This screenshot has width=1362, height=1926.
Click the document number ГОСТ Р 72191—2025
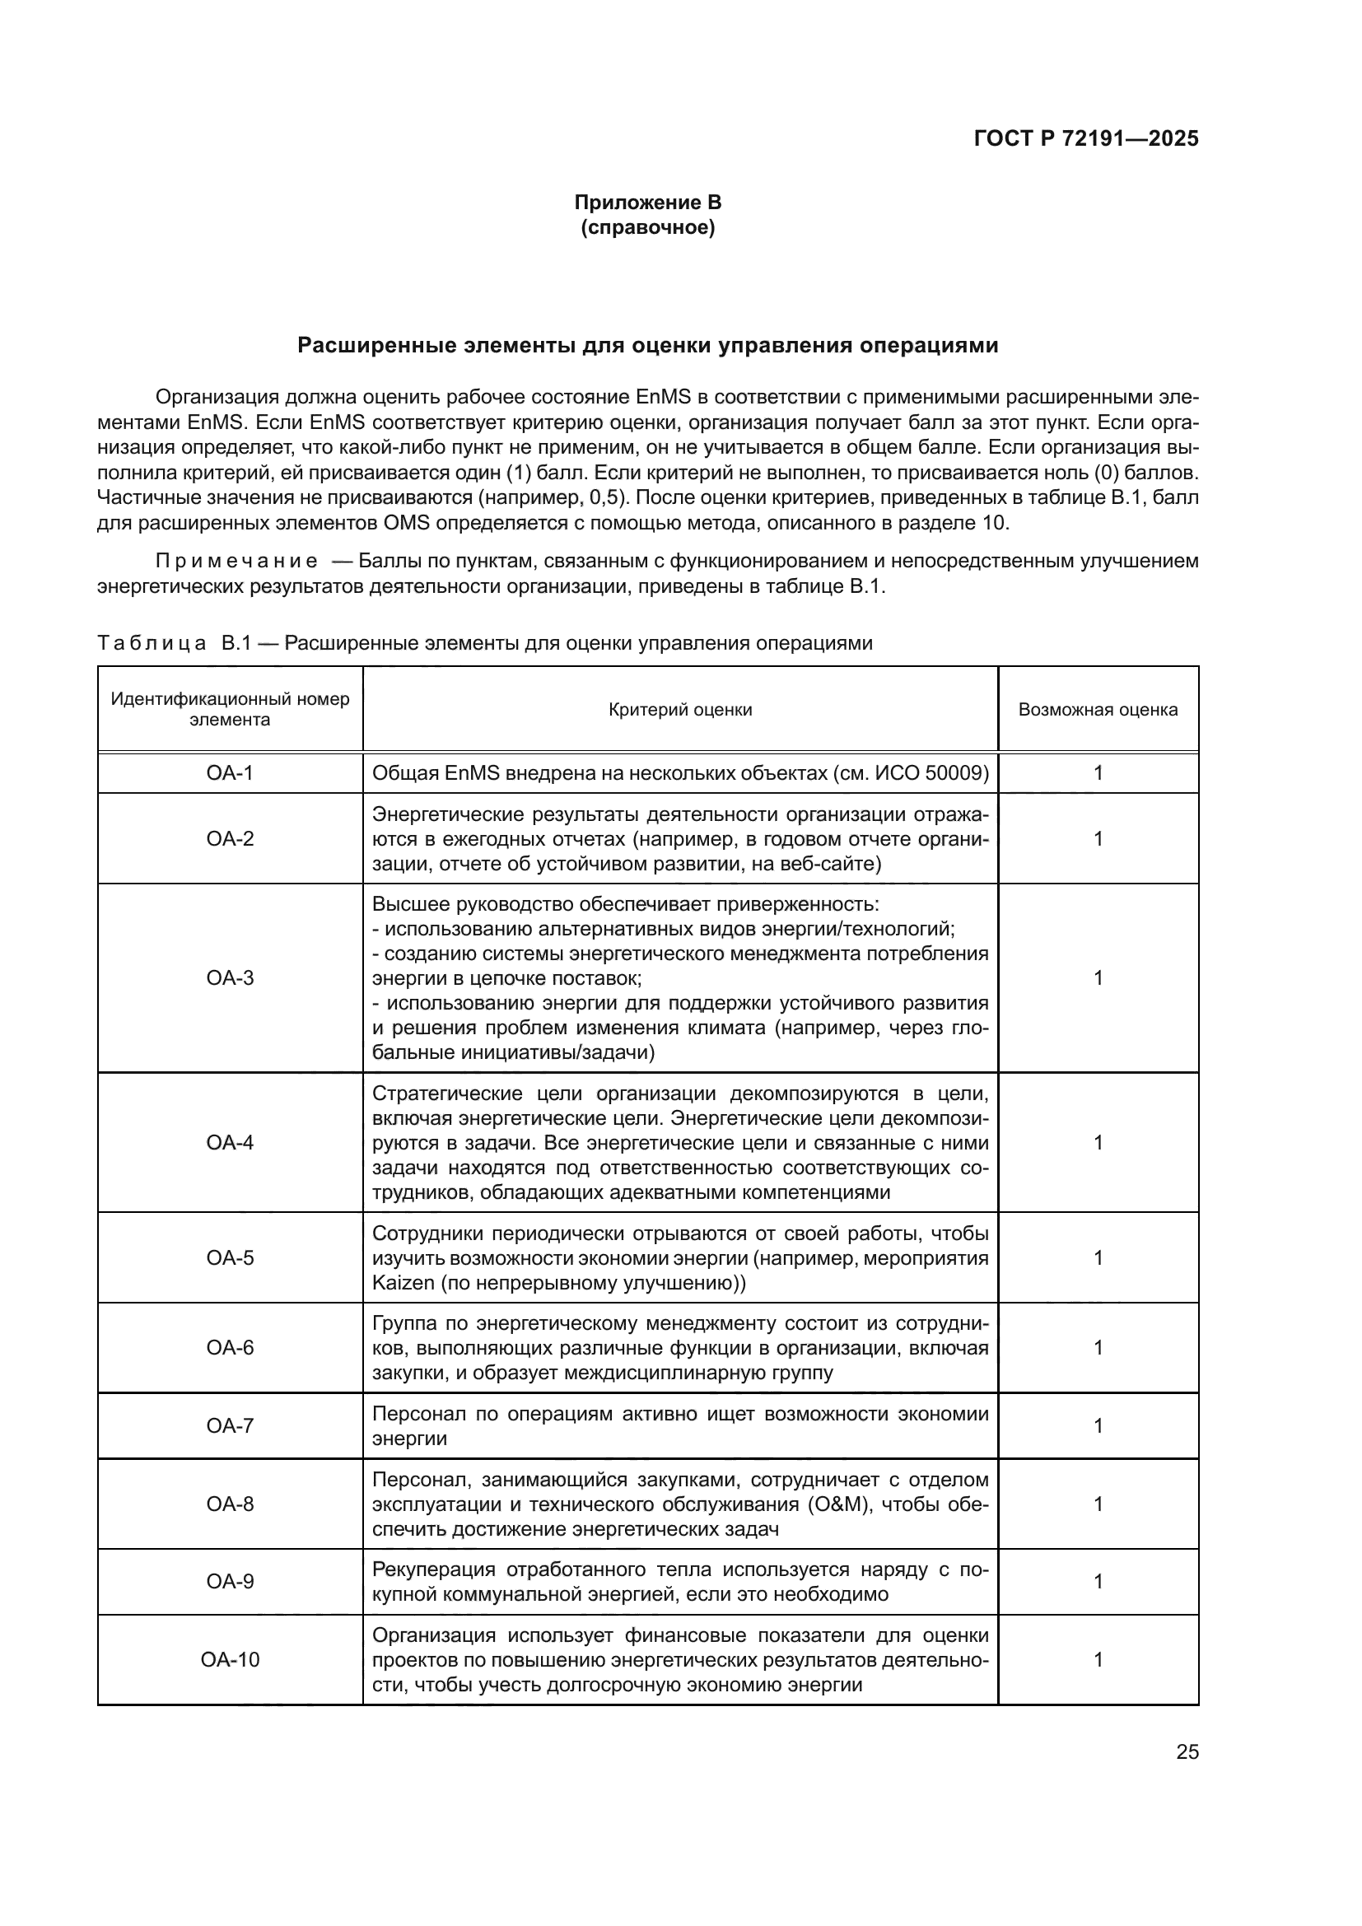coord(1086,139)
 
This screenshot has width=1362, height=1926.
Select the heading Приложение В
coord(647,203)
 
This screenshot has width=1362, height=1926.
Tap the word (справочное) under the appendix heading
coord(647,227)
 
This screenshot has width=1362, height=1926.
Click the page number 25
coord(1187,1751)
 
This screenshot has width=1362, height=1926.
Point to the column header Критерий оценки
coord(680,710)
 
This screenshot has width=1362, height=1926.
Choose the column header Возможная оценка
coord(1098,710)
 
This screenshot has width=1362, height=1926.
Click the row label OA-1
coord(230,772)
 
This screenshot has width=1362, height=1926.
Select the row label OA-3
coord(230,977)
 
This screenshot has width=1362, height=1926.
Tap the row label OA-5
coord(230,1257)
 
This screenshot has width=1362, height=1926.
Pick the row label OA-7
coord(230,1426)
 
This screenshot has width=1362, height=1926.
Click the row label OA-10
coord(230,1659)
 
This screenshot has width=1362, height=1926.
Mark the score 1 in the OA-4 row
coord(1098,1143)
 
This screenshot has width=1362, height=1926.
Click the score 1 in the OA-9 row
coord(1098,1581)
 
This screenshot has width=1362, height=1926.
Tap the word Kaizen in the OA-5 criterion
coord(401,1283)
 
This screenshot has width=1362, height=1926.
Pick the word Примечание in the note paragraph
coord(236,562)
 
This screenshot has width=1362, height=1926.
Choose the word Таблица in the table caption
coord(152,643)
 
